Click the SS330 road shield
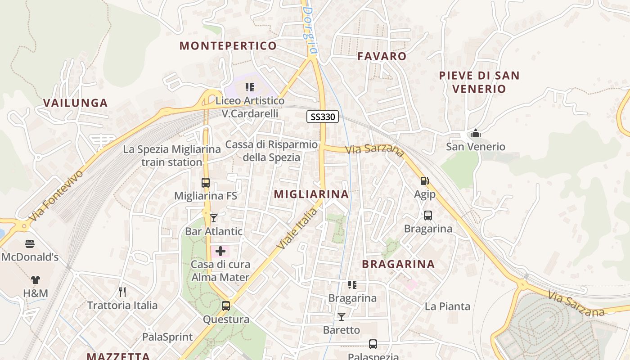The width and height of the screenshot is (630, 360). [322, 117]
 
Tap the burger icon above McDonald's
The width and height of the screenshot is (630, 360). [30, 244]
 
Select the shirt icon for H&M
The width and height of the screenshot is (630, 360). [36, 280]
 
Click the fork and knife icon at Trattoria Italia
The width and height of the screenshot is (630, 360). [122, 292]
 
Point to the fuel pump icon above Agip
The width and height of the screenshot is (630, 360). [424, 181]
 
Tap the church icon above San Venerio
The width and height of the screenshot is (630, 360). [476, 133]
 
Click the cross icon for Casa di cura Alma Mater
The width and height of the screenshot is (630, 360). [220, 251]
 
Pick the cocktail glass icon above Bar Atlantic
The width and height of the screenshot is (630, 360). [214, 218]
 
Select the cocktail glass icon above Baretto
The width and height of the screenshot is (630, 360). [342, 317]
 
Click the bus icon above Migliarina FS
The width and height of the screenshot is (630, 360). [206, 183]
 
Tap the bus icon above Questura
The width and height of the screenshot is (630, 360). [226, 306]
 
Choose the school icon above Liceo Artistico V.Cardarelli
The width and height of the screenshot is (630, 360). [250, 87]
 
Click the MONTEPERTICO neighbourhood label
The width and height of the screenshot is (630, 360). [228, 46]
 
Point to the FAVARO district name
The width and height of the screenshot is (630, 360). [382, 56]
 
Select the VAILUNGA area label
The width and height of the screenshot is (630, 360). [76, 103]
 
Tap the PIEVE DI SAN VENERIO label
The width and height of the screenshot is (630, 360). [479, 82]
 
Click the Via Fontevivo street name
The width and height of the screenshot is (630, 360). [56, 195]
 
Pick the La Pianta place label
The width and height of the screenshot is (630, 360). [447, 306]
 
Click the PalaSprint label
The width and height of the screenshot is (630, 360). [167, 337]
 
